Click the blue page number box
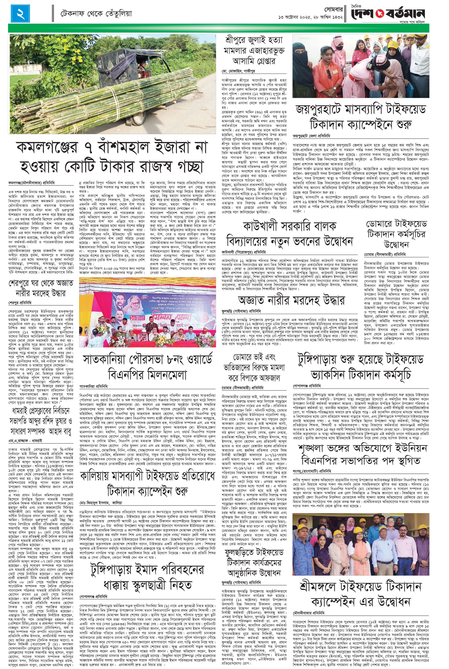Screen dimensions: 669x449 (21, 13)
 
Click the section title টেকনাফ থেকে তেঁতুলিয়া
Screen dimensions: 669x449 (96, 13)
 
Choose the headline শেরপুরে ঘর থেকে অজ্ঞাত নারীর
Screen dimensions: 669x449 (41, 288)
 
